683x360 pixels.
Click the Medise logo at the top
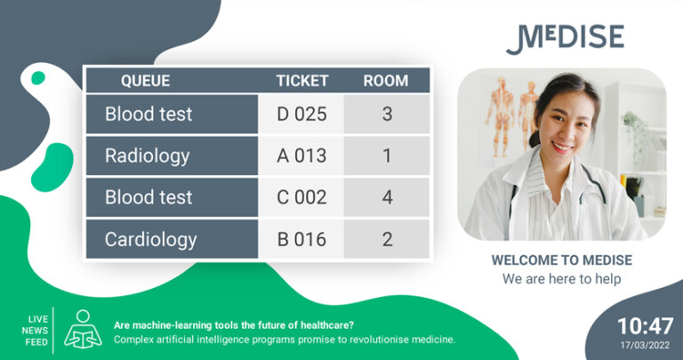coord(565,39)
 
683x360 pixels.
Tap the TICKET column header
coord(301,81)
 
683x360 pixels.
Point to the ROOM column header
coord(386,81)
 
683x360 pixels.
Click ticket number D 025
coord(301,115)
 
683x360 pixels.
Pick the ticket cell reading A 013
coord(301,156)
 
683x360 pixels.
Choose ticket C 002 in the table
coord(301,197)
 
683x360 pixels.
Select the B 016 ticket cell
coord(301,239)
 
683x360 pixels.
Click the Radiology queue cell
coord(148,156)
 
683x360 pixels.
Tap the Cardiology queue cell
coord(151,239)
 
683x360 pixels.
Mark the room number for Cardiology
coord(387,239)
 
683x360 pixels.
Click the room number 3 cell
coord(387,115)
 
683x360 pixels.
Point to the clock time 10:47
coord(646,326)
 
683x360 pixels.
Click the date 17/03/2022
coord(646,345)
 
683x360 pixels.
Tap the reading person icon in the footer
coord(83,328)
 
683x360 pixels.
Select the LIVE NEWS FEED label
coord(37,329)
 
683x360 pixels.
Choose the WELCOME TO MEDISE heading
coord(561,260)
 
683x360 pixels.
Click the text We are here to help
coord(561,278)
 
